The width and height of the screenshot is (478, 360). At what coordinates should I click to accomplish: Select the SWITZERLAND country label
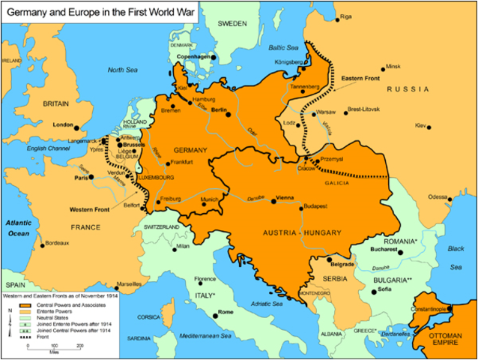162,226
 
